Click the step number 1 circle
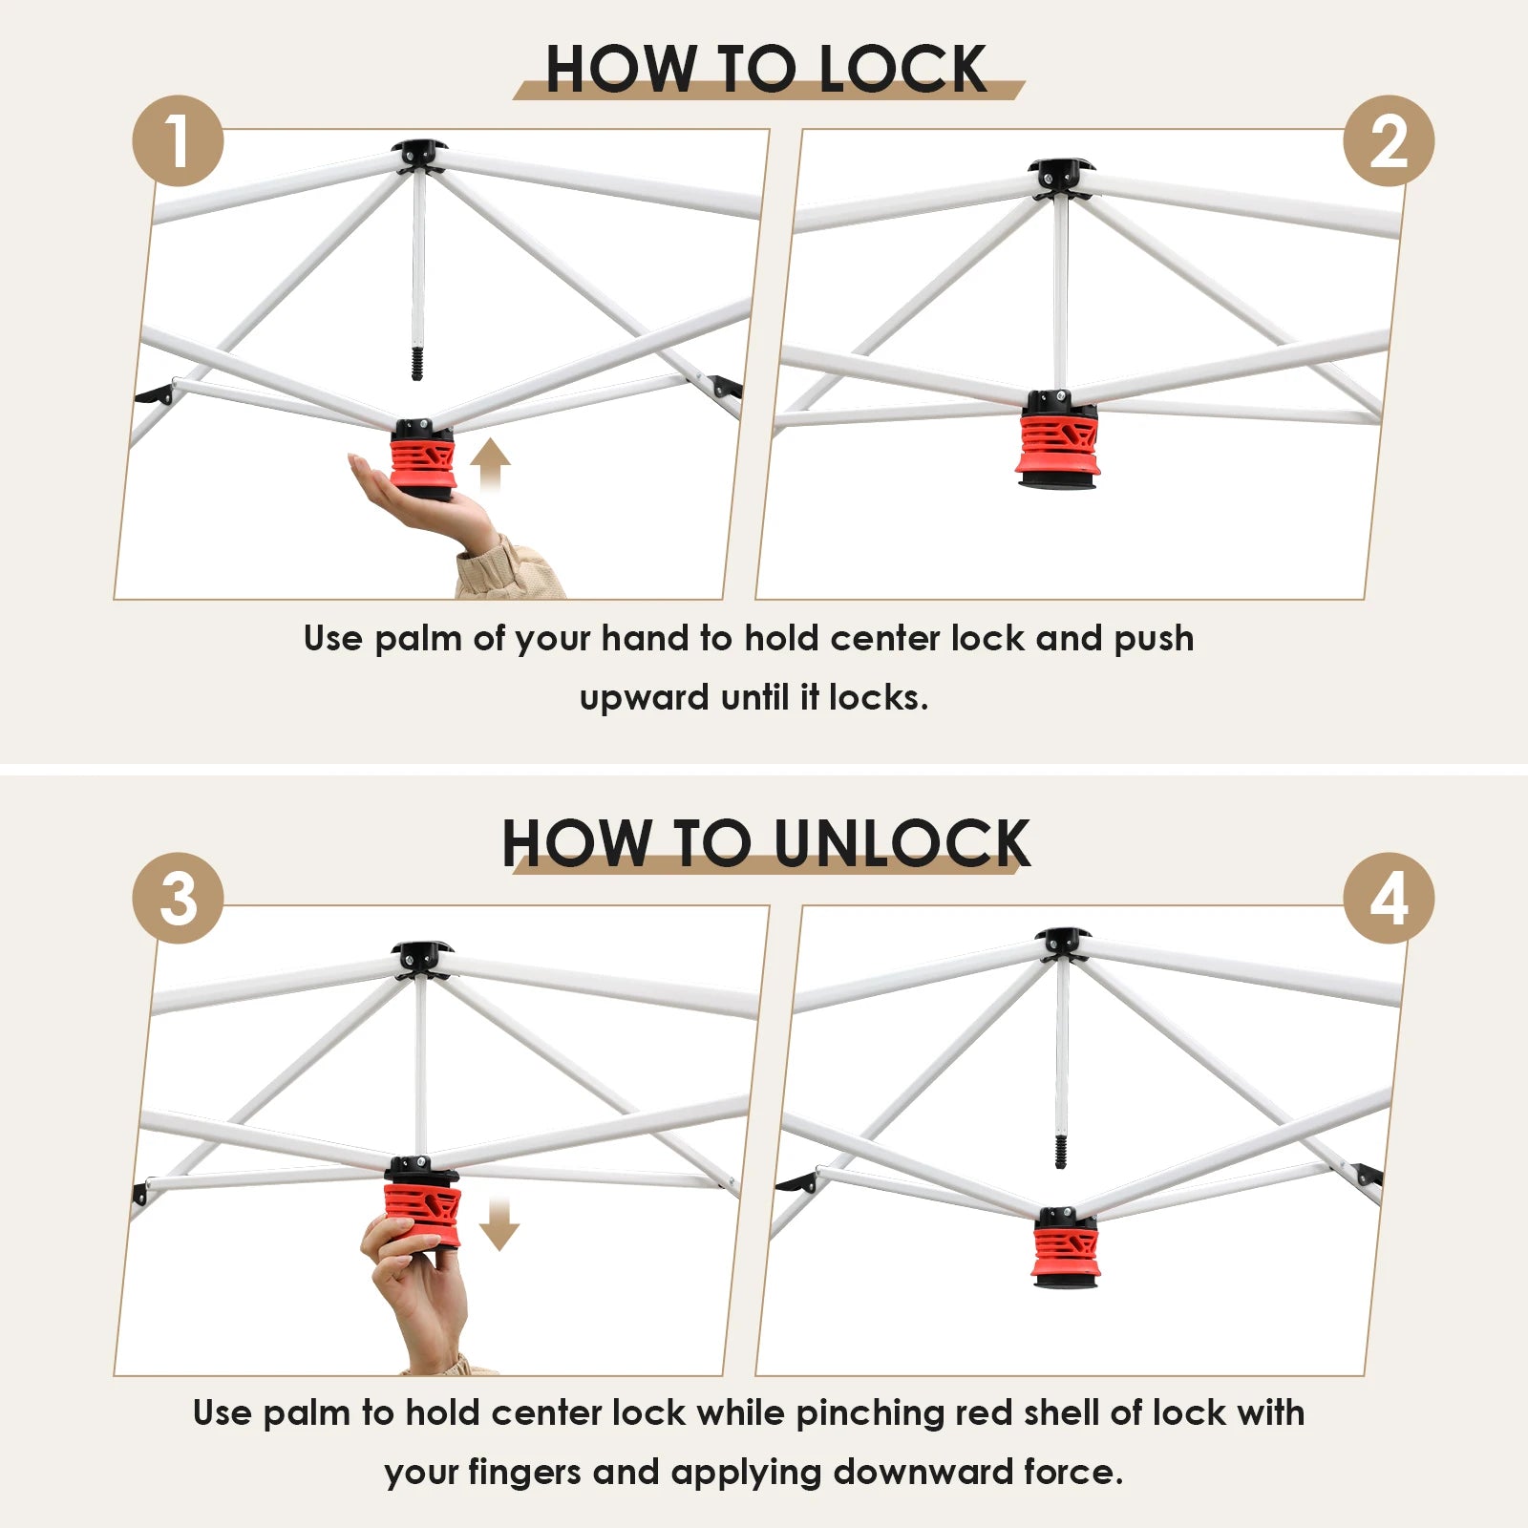coord(178,141)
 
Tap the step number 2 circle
coord(1389,141)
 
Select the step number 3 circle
coord(178,899)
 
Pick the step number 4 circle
coord(1389,899)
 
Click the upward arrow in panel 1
coord(490,465)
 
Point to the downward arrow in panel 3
coord(499,1224)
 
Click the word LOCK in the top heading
coord(902,69)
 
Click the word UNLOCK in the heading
coord(902,843)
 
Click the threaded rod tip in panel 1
coord(416,364)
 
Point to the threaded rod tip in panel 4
coord(1060,1151)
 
